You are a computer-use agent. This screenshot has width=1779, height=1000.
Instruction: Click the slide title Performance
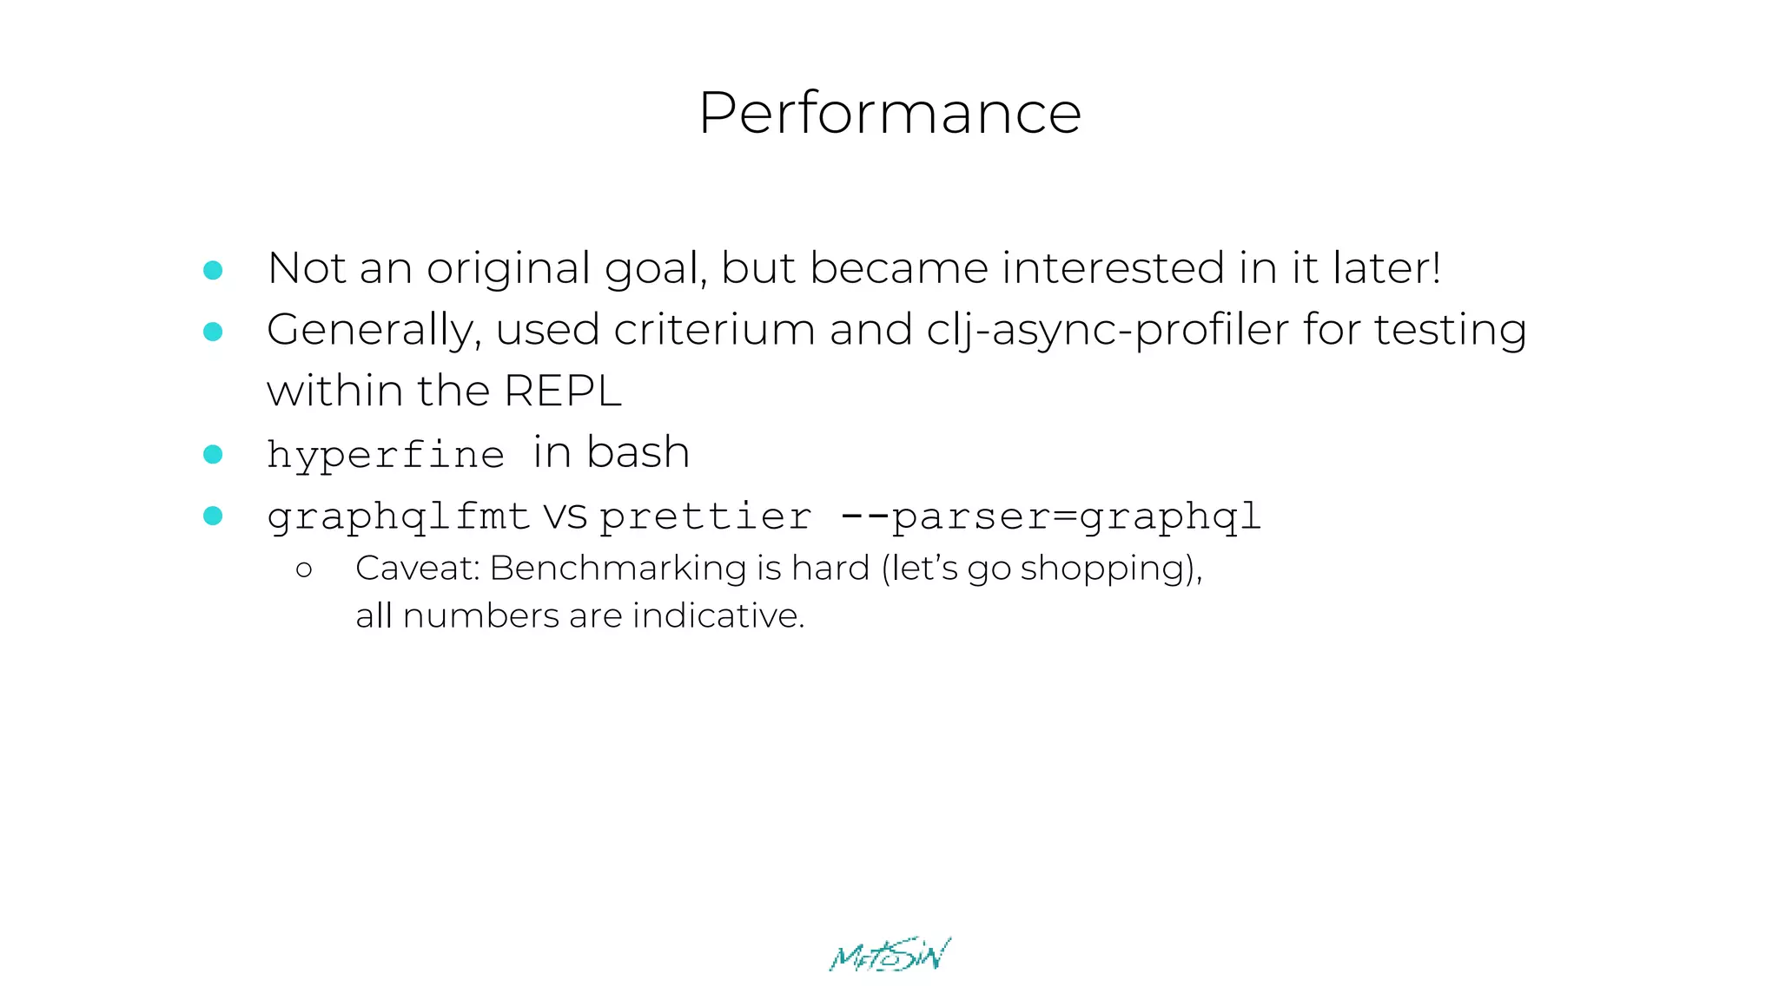tap(889, 113)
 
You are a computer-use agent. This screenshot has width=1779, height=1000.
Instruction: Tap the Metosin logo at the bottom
tap(889, 955)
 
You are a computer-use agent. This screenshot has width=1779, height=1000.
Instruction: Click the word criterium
tap(714, 330)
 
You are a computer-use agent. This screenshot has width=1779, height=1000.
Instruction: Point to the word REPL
tap(562, 391)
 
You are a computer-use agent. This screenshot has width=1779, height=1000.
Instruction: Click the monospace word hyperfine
tap(385, 455)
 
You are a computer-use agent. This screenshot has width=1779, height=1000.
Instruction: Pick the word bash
tap(638, 452)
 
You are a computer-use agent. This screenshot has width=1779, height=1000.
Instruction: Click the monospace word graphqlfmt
tap(398, 517)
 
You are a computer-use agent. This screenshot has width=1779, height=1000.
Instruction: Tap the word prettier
tap(705, 517)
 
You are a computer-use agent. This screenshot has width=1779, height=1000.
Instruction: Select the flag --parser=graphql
tap(1050, 517)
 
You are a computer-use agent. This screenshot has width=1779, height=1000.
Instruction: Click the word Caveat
tap(417, 569)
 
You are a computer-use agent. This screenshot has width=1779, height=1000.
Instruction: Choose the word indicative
tap(718, 615)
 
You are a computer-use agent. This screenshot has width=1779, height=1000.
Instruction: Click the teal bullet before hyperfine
tap(213, 454)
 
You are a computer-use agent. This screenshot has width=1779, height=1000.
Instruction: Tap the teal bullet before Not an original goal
tap(213, 270)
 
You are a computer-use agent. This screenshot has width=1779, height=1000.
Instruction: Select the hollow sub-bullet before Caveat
tap(304, 570)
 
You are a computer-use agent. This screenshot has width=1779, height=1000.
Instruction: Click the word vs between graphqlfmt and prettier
tap(565, 517)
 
